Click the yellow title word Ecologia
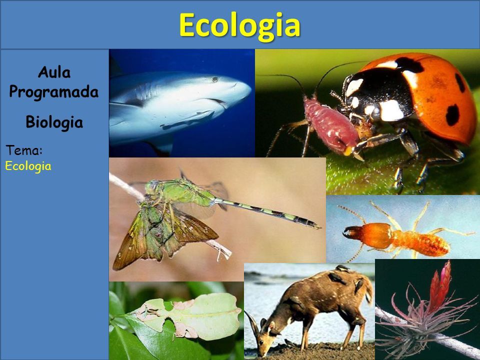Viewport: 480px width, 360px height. tap(239, 25)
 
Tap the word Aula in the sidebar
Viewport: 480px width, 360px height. tap(54, 72)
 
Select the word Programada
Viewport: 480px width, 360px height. tap(54, 92)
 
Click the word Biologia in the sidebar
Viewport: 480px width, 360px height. tap(54, 122)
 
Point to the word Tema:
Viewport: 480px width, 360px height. tap(24, 150)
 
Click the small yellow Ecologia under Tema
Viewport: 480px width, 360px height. tap(28, 166)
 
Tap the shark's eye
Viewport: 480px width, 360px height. tap(215, 79)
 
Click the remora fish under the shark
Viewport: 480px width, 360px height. tap(187, 120)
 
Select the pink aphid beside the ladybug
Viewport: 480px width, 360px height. tap(331, 125)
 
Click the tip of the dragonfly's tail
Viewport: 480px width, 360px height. tap(320, 227)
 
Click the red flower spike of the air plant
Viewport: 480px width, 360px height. tap(440, 286)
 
